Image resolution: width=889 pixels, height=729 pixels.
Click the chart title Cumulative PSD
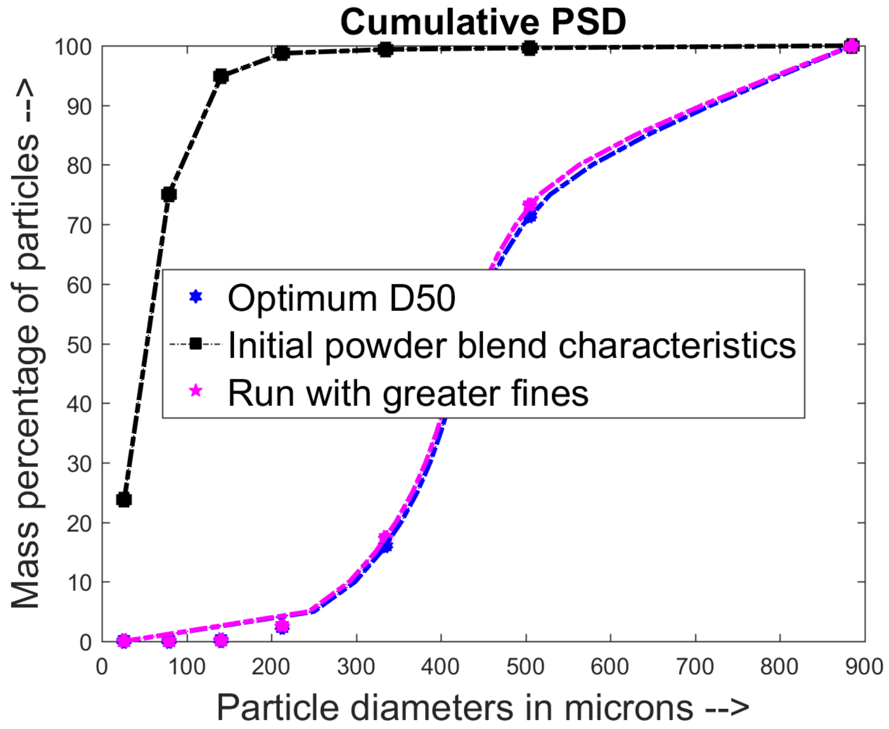coord(483,22)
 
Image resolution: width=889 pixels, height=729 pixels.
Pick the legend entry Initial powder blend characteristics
coord(511,345)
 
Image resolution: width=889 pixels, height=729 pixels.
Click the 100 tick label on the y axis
coord(73,47)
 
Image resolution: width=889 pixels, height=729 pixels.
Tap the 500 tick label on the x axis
coord(525,666)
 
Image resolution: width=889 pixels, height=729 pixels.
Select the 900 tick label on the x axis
coord(864,666)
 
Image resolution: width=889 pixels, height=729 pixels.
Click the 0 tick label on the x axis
coord(102,666)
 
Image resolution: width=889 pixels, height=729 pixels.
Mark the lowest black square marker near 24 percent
coord(124,500)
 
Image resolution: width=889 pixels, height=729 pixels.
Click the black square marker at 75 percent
coord(169,194)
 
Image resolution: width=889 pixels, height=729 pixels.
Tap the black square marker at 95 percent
coord(220,76)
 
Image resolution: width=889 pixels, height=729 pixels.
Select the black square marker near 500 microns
coord(530,48)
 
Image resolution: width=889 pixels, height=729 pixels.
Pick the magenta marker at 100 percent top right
coord(851,46)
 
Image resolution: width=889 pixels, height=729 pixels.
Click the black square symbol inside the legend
coord(196,344)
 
